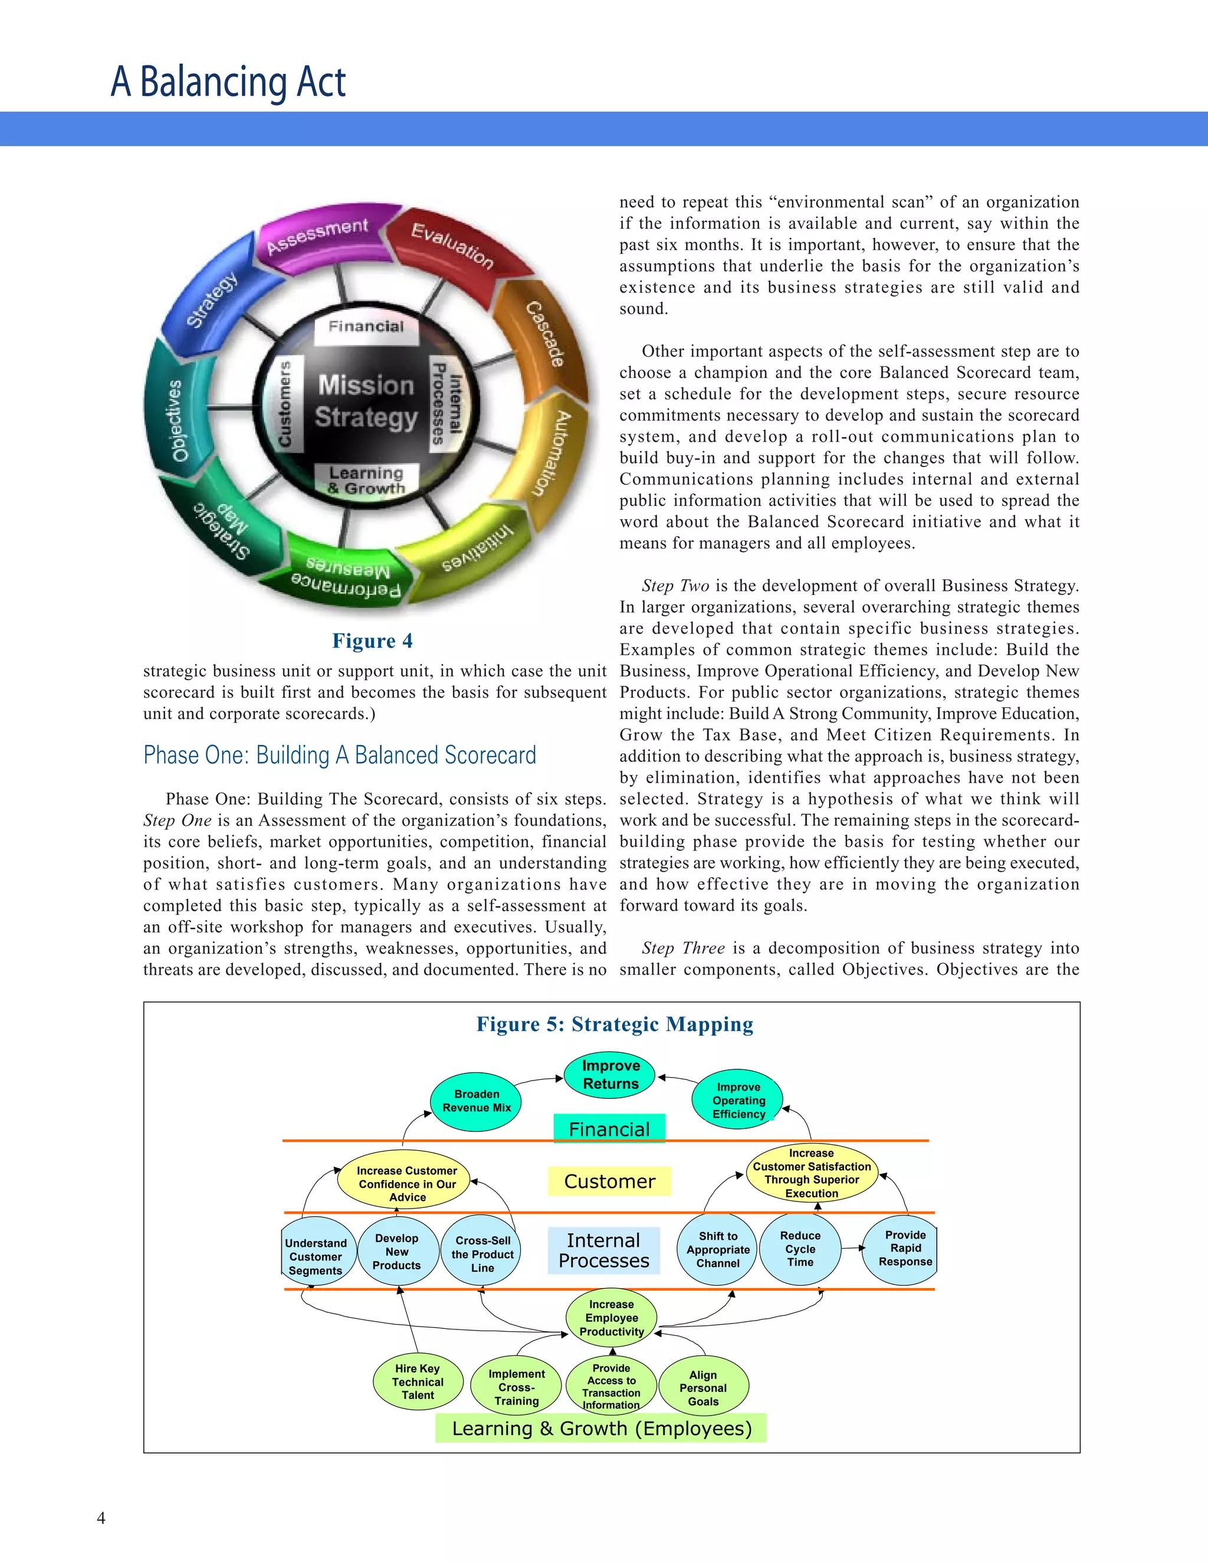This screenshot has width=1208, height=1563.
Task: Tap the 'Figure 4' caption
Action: click(372, 641)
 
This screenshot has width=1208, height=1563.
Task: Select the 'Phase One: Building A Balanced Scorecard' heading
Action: click(339, 755)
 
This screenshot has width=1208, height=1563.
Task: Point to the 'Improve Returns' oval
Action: click(610, 1075)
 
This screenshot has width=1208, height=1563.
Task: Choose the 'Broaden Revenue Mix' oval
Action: click(476, 1101)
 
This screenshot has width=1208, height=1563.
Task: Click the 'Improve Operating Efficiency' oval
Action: click(738, 1100)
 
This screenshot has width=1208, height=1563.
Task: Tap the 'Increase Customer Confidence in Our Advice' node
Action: click(406, 1184)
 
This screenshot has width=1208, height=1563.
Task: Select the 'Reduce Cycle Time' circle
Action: click(799, 1249)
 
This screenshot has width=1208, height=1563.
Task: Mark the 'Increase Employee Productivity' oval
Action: click(611, 1318)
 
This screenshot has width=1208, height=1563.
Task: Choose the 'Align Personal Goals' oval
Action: click(703, 1388)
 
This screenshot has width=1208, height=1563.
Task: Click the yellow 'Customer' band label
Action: click(609, 1181)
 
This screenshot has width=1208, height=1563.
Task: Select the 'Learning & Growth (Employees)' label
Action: click(601, 1429)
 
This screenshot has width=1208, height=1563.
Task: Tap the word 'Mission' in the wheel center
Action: click(366, 385)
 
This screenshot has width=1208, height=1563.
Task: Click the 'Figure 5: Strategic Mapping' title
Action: click(615, 1024)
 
